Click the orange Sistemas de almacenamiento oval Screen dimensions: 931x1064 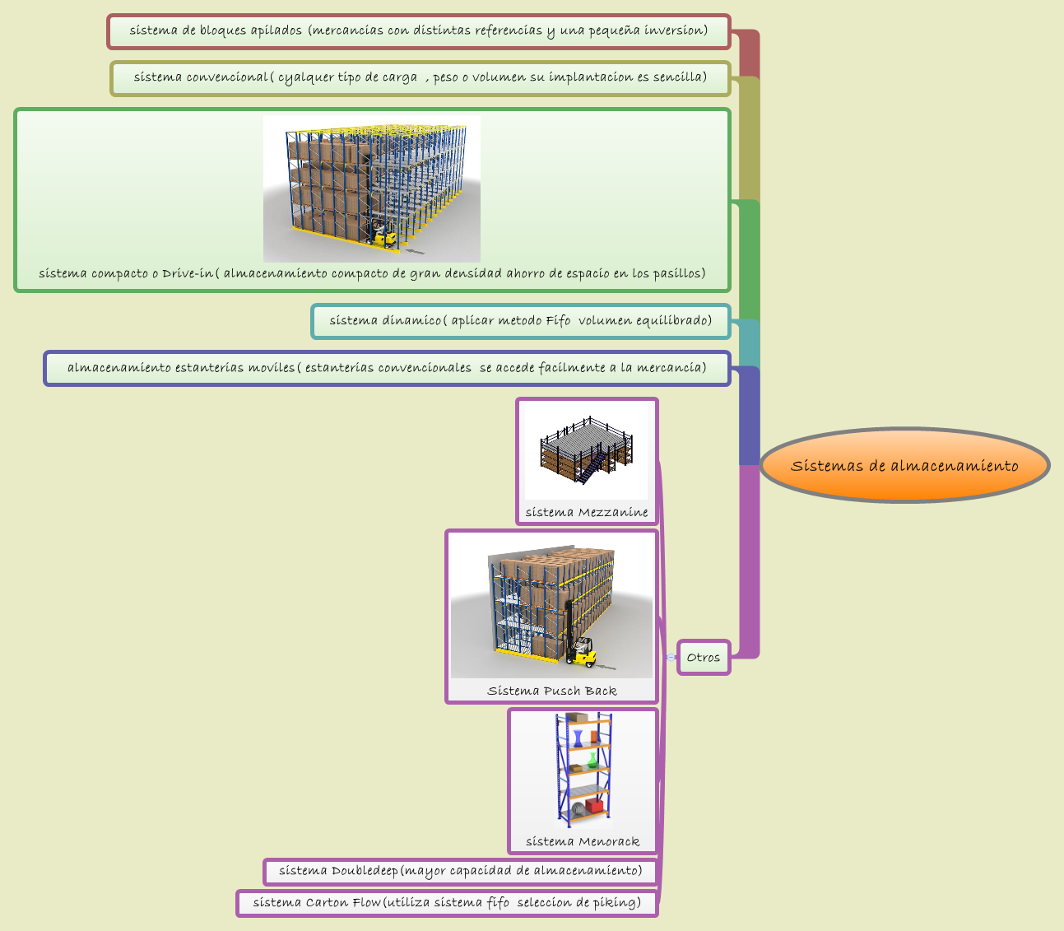(904, 465)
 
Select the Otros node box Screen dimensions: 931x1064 (704, 657)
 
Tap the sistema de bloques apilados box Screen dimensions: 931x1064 (418, 31)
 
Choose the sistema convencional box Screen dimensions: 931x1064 (420, 78)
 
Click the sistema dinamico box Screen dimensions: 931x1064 (520, 321)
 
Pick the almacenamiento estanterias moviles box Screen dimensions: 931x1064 (387, 368)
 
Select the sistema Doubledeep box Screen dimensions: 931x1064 (460, 871)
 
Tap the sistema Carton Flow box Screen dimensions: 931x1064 (447, 903)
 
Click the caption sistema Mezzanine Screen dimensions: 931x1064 (587, 512)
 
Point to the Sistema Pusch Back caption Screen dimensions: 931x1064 (551, 691)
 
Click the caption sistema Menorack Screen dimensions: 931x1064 (583, 841)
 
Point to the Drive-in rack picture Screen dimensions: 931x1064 (372, 189)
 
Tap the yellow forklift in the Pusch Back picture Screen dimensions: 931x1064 (583, 650)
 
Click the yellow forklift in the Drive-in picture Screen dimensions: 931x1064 (384, 235)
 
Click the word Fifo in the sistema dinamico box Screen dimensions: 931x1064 (558, 321)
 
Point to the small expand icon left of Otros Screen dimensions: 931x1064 (671, 657)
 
